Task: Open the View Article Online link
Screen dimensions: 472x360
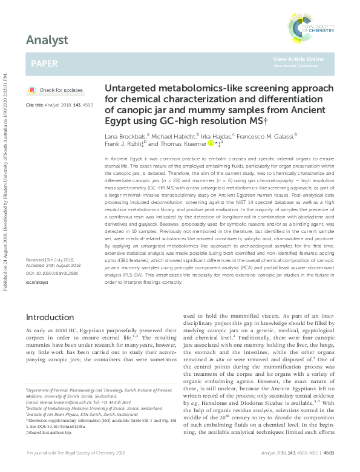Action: [x=298, y=59]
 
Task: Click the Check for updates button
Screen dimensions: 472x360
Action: [x=56, y=90]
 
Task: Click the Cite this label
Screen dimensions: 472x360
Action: [x=36, y=105]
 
